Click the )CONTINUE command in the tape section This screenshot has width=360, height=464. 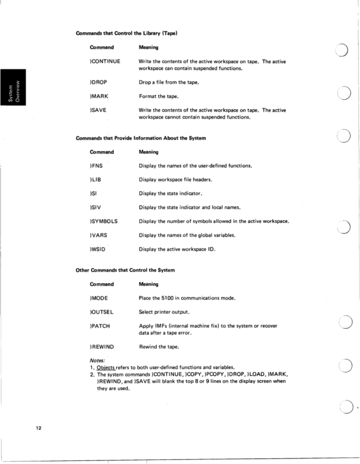tap(104, 62)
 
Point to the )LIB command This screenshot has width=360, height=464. tap(96, 179)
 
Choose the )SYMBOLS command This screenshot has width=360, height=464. tap(103, 221)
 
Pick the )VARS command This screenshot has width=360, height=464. tap(98, 235)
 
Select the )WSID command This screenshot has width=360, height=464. tap(98, 249)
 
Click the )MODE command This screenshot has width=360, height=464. tap(99, 298)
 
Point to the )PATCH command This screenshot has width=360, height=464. tap(100, 326)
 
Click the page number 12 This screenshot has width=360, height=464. tap(38, 429)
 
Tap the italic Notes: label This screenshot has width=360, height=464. tap(97, 360)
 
